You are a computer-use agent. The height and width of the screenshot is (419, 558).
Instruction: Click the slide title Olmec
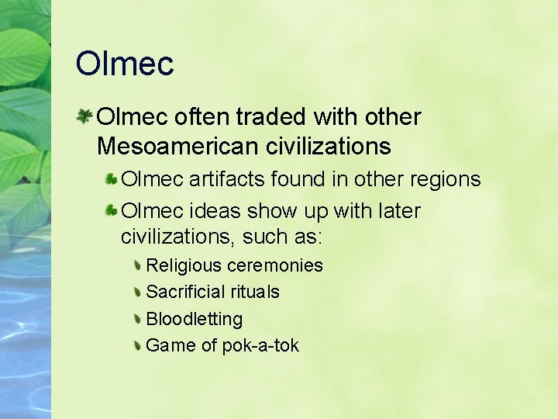[x=125, y=64]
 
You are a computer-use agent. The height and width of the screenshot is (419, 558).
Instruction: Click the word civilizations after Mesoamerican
[x=329, y=146]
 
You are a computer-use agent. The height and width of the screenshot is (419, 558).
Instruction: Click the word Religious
[x=183, y=265]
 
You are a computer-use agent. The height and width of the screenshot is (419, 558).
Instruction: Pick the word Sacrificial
[x=186, y=292]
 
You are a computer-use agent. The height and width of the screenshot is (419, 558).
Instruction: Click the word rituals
[x=253, y=292]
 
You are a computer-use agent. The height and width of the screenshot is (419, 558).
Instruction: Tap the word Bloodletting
[x=194, y=319]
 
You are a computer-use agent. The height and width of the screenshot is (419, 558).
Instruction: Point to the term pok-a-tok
[x=260, y=345]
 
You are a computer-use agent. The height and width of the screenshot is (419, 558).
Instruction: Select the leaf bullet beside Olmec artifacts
[x=112, y=180]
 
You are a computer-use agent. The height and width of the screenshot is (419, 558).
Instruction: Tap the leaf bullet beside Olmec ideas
[x=112, y=211]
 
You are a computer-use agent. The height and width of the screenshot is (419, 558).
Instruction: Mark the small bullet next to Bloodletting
[x=137, y=319]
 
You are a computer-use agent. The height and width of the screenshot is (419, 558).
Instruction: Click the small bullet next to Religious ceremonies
[x=137, y=266]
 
